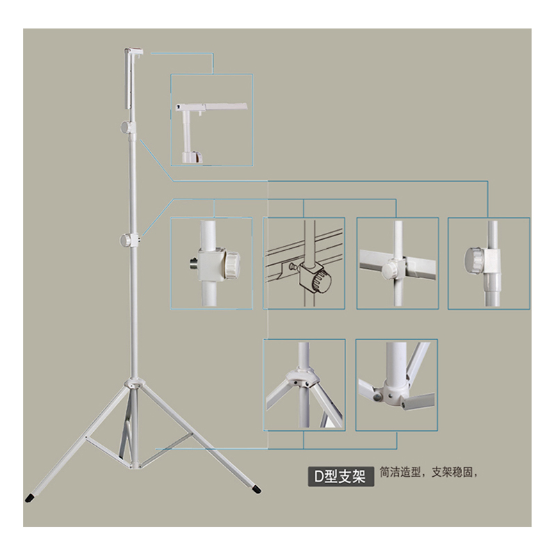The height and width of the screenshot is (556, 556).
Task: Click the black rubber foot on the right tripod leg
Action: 256,489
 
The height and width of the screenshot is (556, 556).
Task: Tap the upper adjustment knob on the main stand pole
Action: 126,126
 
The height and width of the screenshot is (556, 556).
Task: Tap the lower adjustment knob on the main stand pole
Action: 126,240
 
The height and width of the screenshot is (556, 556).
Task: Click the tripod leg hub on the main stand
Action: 133,384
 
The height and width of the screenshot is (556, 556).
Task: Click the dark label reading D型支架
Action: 341,476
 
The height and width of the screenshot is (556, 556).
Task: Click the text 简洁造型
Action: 400,473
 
